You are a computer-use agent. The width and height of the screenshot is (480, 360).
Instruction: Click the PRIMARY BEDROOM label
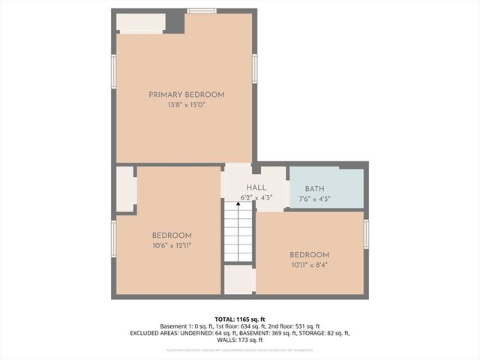coord(186,94)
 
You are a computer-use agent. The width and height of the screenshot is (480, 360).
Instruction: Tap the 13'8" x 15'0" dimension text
coord(186,106)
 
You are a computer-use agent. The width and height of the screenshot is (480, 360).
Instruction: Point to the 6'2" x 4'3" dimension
coord(256,198)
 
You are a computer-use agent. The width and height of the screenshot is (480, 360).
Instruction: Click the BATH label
coord(314,189)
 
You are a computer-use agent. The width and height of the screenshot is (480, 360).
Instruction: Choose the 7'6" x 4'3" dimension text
coord(314,199)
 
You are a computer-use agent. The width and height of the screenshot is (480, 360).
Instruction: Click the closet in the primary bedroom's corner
coord(140,22)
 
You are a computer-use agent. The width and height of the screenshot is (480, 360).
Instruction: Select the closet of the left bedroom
coord(124,189)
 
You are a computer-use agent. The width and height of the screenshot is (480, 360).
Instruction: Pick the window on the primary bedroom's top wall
coord(201,10)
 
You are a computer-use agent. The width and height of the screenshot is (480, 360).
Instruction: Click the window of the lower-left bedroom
coord(114,238)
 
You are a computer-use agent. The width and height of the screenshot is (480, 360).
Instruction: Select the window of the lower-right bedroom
coord(366,234)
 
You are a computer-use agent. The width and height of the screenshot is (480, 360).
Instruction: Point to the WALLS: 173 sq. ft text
coord(239,340)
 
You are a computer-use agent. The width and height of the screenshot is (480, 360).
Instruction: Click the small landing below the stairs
coord(239,279)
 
